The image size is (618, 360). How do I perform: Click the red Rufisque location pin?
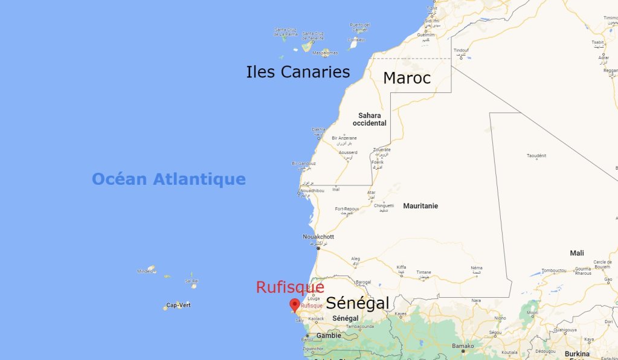[294, 304]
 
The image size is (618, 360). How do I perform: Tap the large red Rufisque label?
[290, 288]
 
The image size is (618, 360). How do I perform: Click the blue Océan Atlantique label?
[169, 179]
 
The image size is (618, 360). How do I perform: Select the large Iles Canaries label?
[298, 72]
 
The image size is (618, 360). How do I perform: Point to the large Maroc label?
[407, 78]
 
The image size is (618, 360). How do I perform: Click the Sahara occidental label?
[369, 119]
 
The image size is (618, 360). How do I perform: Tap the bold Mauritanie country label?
[420, 206]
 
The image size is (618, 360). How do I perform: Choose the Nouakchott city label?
[318, 237]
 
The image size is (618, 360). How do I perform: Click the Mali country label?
[577, 253]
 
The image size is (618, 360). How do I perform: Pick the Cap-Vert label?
[178, 304]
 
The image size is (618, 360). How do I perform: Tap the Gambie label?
[329, 335]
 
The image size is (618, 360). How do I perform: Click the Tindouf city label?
[461, 50]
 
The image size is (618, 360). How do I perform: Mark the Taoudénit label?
[536, 156]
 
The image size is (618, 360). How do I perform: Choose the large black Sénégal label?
[358, 303]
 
